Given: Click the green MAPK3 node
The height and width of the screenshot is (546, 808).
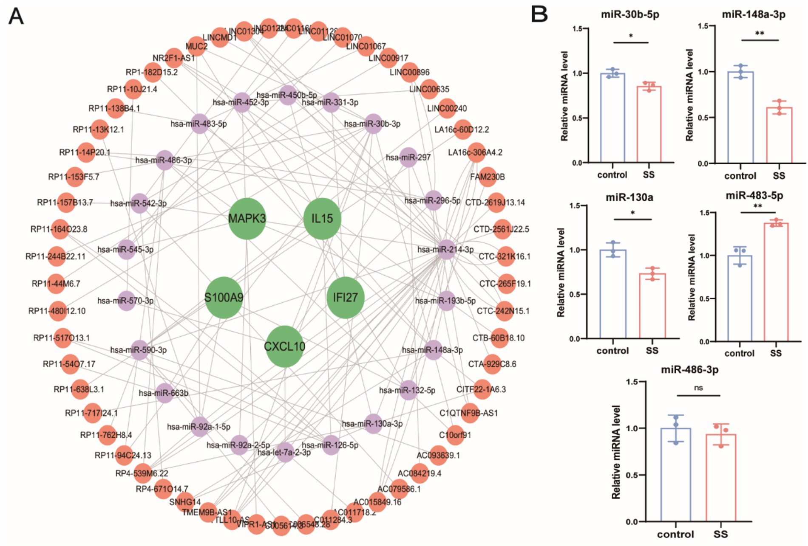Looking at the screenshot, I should pos(247,219).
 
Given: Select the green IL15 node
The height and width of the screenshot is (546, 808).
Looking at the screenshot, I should pos(322,219).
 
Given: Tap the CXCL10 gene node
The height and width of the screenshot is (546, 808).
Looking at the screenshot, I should pos(284,346).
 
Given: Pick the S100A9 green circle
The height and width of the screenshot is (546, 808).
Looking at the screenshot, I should pos(224,298).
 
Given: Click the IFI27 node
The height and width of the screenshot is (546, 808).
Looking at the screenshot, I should pos(345,298).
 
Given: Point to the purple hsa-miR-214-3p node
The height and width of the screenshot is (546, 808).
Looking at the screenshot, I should pos(446,250).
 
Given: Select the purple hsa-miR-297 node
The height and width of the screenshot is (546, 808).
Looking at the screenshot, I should pos(408,158).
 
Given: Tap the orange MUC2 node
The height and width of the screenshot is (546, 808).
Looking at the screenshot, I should pos(196,46).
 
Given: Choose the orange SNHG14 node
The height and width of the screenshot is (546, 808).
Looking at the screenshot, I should pos(185,502).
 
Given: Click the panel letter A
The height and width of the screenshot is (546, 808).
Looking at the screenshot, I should pos(16,17).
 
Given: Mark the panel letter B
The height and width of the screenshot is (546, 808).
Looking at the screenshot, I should pos(539,14).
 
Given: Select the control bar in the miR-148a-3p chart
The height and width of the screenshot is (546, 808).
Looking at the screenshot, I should pos(740,118).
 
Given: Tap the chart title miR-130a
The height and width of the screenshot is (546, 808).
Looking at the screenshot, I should pos(629,197).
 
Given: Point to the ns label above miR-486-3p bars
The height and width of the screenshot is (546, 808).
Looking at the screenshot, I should pos(698,388).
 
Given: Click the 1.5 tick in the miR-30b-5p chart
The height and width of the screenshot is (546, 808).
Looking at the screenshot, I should pos(577,29).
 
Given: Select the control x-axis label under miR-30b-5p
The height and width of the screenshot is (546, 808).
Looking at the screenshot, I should pos(612,175).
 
